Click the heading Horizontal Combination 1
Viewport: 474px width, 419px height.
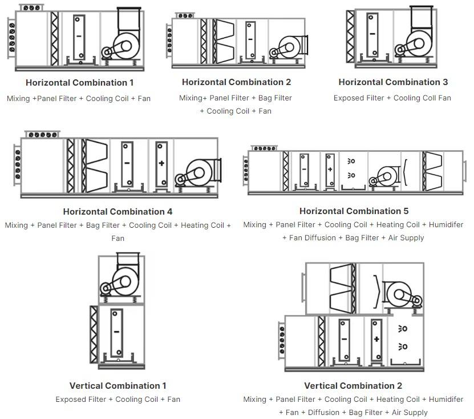(x=79, y=83)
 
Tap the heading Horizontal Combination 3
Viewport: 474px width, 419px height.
(x=393, y=82)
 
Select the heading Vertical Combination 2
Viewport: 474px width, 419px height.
(x=353, y=386)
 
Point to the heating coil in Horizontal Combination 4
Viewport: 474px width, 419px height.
(x=162, y=164)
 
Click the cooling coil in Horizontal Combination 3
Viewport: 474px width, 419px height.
(x=372, y=35)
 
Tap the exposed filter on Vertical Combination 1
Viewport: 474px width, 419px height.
(x=94, y=335)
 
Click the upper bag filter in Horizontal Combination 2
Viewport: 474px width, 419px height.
(x=224, y=30)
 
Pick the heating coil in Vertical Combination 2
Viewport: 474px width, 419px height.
(x=376, y=340)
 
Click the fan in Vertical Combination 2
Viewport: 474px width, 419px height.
(x=402, y=294)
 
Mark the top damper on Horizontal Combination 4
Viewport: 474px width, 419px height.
(x=42, y=134)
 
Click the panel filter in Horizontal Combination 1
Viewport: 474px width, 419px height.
(x=54, y=38)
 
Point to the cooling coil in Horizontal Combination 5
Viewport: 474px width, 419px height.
(x=304, y=170)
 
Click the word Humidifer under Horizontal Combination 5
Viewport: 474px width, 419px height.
(x=446, y=225)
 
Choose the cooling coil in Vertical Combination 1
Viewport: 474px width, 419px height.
(x=117, y=333)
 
